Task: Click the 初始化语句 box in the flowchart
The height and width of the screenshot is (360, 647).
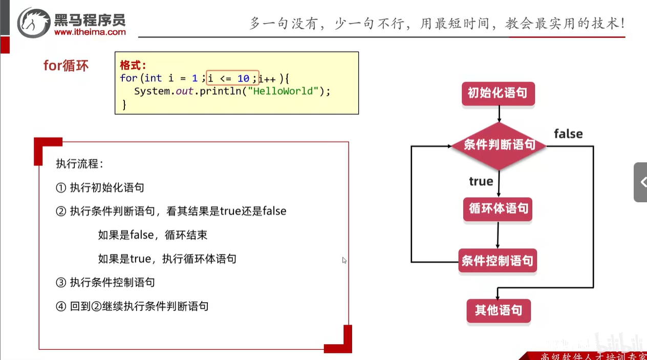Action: click(498, 94)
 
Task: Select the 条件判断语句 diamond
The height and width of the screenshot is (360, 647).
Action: click(499, 145)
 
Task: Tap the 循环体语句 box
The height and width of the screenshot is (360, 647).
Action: click(498, 209)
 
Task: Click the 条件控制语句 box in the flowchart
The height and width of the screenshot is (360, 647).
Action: click(498, 261)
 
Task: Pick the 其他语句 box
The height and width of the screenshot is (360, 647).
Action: click(498, 310)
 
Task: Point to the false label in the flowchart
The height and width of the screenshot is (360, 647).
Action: click(568, 134)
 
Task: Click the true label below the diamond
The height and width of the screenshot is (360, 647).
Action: click(481, 182)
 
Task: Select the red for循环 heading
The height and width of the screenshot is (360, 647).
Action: click(66, 66)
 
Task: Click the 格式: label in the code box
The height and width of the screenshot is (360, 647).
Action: click(133, 65)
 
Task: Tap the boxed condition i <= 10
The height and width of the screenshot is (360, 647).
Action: click(232, 78)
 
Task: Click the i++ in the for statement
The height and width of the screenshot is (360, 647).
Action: click(267, 78)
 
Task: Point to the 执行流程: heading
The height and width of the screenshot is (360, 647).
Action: click(79, 164)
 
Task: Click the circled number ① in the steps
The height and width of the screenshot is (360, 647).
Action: click(61, 187)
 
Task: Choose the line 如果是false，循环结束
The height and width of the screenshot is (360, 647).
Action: click(153, 235)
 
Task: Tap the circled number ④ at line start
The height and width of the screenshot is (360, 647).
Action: click(61, 307)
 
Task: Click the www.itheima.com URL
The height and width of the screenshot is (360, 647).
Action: click(90, 32)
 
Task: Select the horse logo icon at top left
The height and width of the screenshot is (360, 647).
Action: click(34, 23)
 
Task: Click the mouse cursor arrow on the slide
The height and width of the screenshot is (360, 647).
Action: click(344, 260)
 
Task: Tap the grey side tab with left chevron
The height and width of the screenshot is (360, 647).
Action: click(641, 182)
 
